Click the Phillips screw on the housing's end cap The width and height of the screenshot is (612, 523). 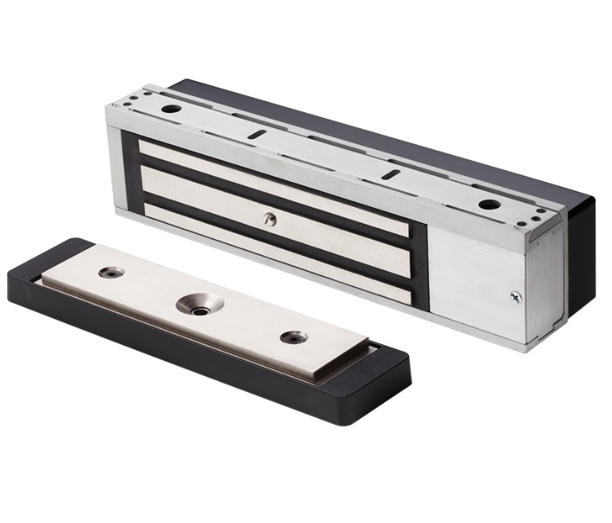[514, 296]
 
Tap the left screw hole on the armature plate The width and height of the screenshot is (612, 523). [111, 273]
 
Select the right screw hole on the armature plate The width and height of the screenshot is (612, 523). [294, 337]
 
